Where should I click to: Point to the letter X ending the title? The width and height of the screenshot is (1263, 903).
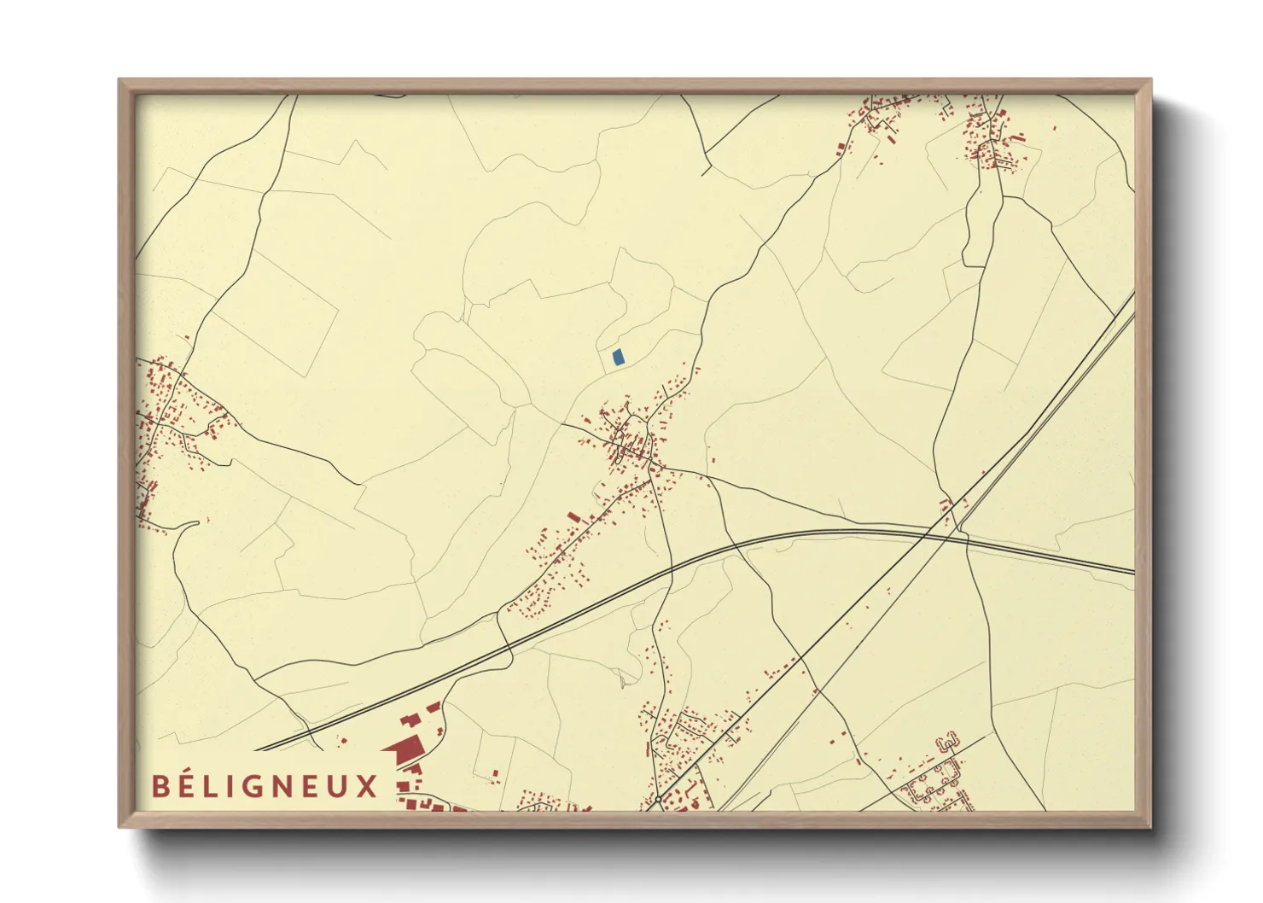(367, 786)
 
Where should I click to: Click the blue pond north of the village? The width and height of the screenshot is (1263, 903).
(618, 357)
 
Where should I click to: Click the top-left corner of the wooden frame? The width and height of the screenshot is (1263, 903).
(120, 80)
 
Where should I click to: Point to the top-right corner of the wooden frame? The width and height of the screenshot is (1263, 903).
(1150, 80)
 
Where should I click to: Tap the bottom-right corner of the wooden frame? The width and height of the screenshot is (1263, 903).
(1150, 826)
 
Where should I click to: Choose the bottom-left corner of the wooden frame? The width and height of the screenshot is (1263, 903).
(120, 826)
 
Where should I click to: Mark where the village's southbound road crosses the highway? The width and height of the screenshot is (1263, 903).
(671, 568)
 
